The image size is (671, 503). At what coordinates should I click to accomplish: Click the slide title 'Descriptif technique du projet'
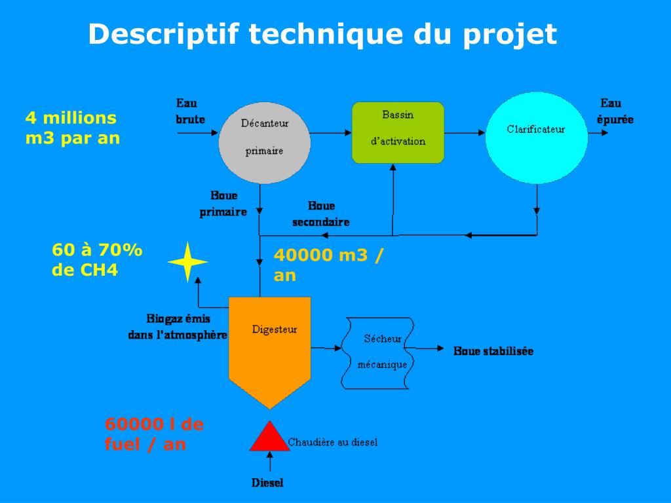coord(322,34)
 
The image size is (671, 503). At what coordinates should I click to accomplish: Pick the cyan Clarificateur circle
coord(535,138)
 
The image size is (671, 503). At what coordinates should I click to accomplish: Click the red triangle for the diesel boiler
coord(269,437)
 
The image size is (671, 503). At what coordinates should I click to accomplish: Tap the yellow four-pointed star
coord(187,261)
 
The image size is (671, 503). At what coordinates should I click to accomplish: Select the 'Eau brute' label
coord(190,111)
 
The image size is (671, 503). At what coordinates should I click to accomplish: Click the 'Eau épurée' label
coord(614,111)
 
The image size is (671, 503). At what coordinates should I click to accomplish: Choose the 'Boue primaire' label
coord(223,204)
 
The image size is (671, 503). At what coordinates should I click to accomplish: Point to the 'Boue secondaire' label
coord(320,214)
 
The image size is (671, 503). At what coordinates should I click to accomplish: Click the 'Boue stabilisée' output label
coord(493,351)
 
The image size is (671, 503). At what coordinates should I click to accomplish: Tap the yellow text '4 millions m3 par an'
coord(72,128)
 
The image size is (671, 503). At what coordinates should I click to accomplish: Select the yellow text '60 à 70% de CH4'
coord(97,260)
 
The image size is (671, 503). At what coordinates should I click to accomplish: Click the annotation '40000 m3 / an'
coord(328,265)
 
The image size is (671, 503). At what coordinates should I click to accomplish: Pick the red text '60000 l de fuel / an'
coord(154,434)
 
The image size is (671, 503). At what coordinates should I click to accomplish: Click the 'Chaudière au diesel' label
coord(333,442)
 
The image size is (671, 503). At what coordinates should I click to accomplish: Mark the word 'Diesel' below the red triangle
coord(267,483)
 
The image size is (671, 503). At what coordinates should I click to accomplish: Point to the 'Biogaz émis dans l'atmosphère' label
coord(178,327)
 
